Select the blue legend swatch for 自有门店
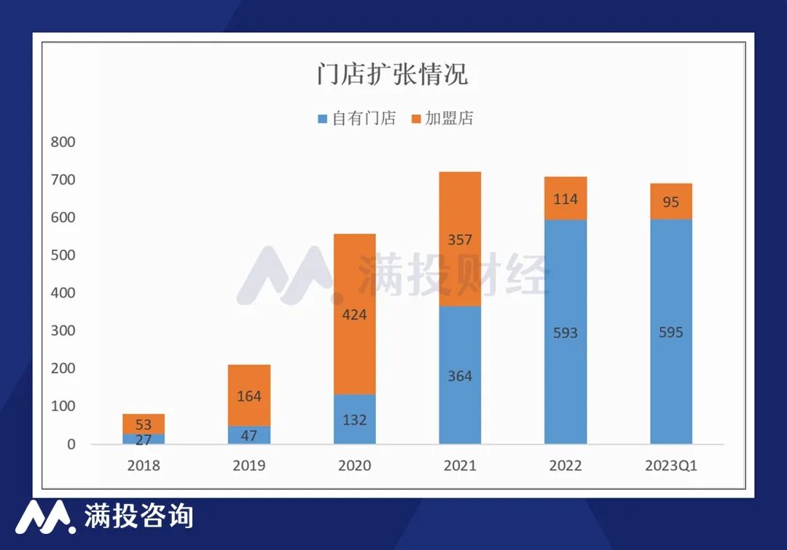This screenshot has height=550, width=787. click(x=323, y=119)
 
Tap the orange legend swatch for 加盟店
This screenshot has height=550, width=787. click(x=416, y=119)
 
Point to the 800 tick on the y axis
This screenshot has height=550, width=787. click(x=63, y=142)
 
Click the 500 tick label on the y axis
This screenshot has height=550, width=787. click(x=63, y=256)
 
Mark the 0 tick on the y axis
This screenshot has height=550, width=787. click(x=71, y=444)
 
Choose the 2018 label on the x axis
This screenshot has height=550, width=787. click(x=143, y=465)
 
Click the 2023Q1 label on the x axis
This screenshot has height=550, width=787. click(x=671, y=465)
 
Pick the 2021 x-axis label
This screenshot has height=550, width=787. click(x=460, y=465)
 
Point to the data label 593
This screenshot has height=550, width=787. click(x=565, y=333)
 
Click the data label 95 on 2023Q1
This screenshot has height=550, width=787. click(x=671, y=202)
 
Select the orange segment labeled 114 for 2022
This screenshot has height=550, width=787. click(x=565, y=198)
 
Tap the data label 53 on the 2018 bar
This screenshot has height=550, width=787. click(x=143, y=425)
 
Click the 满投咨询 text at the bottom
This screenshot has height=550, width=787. click(x=138, y=516)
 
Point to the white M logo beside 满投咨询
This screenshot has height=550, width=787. click(x=45, y=516)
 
